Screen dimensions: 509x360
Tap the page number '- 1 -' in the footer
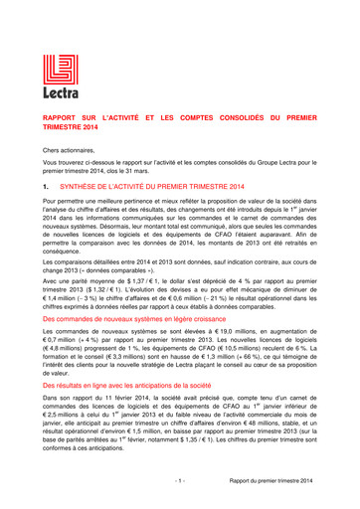(180, 481)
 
